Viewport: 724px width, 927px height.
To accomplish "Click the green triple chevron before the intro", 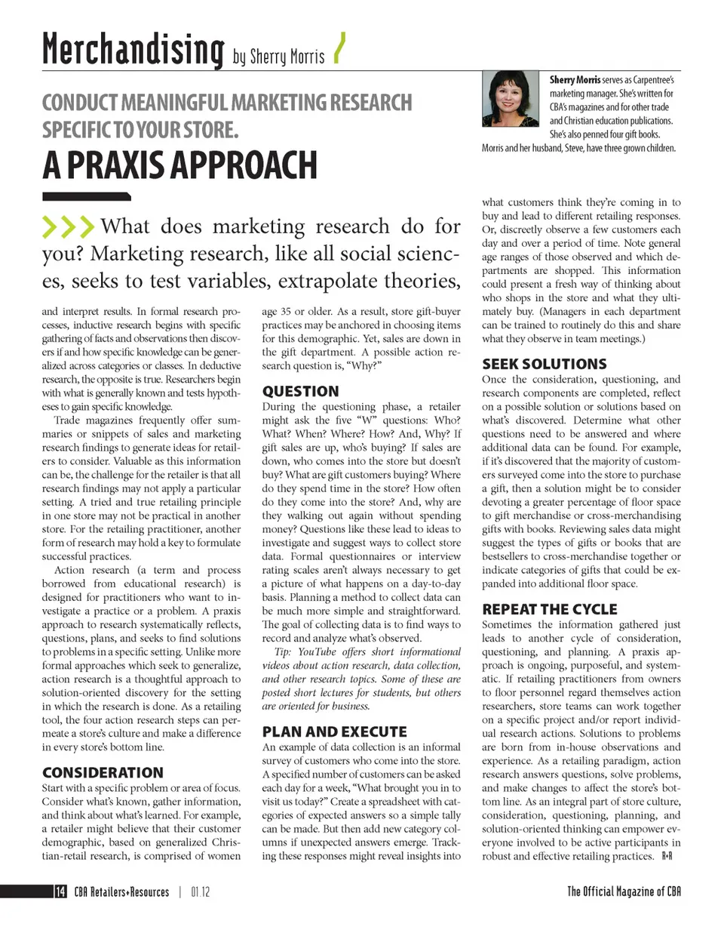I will coord(69,226).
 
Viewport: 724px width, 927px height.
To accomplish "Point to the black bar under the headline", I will coord(86,197).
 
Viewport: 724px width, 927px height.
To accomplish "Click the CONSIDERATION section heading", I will coord(103,772).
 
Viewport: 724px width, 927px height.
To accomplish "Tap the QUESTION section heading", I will coord(300,391).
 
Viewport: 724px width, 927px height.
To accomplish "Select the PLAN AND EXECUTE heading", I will coord(334,731).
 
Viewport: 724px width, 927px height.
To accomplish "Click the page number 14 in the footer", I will coord(59,892).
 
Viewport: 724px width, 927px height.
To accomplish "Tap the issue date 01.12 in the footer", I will coord(201,892).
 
